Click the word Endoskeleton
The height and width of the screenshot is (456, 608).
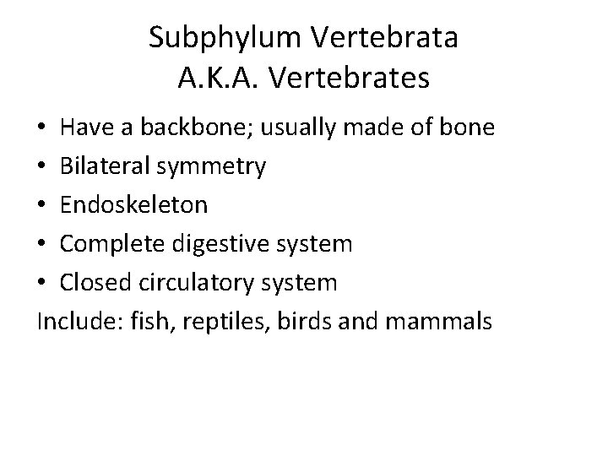[134, 205]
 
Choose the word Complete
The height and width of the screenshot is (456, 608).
[111, 244]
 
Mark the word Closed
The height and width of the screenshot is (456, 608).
[94, 283]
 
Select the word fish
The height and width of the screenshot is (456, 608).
[134, 322]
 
